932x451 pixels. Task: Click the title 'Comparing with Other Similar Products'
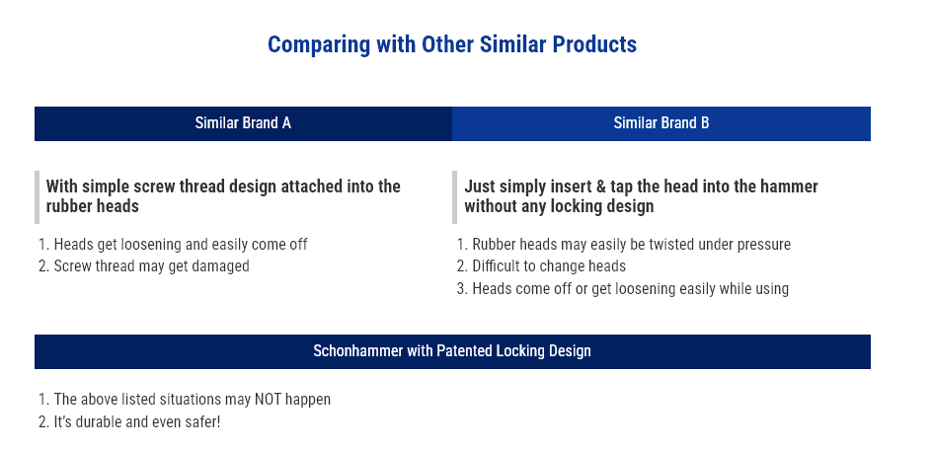(x=452, y=44)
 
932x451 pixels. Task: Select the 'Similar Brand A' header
(x=243, y=123)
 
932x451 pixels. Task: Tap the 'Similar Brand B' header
(x=660, y=123)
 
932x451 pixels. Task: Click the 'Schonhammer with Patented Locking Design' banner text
(x=452, y=351)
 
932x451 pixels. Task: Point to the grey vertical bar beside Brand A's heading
(x=37, y=197)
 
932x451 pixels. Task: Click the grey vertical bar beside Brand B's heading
(x=455, y=197)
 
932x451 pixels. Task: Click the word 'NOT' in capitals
(x=269, y=400)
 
